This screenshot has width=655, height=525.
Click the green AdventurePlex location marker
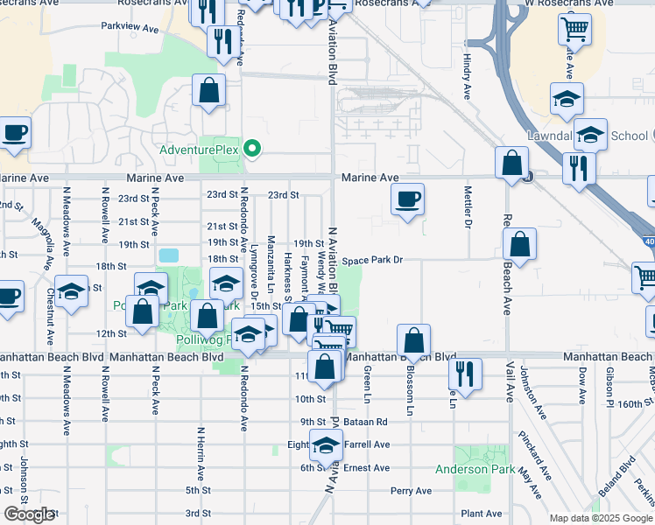252,149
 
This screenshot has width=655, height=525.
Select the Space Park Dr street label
372,260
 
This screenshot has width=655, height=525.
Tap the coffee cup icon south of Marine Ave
407,199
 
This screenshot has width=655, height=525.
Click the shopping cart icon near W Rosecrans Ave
574,30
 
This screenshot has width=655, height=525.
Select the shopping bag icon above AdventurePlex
209,90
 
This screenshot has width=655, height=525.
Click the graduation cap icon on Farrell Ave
326,446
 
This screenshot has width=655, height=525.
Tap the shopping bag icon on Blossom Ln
413,340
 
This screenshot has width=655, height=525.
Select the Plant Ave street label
482,514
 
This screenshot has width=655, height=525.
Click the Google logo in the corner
28,514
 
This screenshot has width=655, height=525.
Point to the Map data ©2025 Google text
600,518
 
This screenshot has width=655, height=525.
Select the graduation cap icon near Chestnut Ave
72,290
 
